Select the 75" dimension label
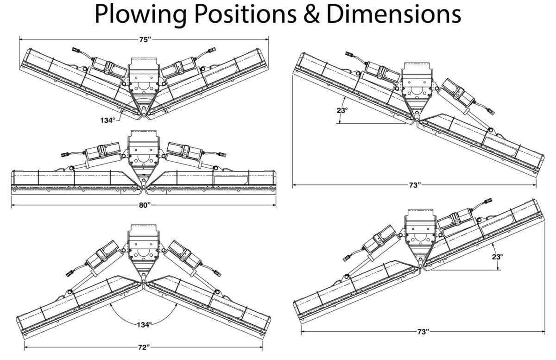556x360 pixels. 145,40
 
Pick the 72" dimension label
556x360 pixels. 144,347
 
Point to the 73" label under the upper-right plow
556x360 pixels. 415,186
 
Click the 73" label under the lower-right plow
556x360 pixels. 423,332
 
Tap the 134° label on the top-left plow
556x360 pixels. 107,120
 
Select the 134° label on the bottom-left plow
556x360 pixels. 144,324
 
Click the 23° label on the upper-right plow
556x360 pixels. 342,110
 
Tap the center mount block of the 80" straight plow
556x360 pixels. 144,149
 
